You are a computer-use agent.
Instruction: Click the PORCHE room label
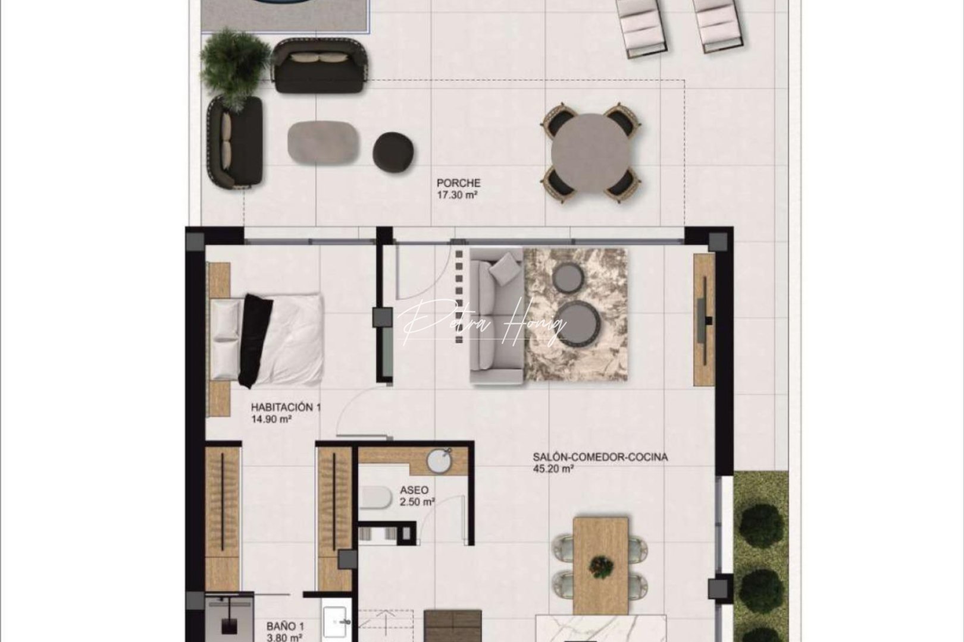click(x=458, y=184)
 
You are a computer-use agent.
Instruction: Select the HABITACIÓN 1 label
click(x=286, y=408)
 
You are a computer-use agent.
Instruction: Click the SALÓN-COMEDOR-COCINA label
click(x=600, y=458)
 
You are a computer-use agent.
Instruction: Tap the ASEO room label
click(x=414, y=491)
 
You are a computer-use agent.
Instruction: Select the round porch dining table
click(x=591, y=154)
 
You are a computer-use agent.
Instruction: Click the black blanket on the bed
click(x=256, y=339)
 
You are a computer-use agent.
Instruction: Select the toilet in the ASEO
click(x=376, y=498)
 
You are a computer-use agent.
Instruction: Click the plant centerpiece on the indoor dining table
click(x=601, y=566)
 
